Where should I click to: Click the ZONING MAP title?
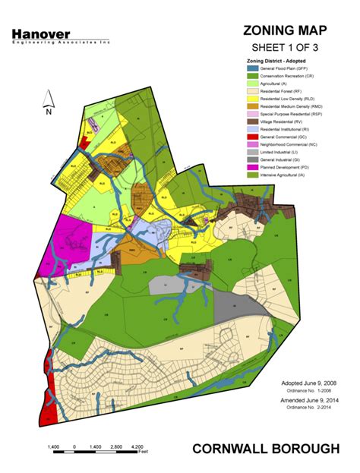pos(285,30)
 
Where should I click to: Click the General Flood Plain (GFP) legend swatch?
pos(253,68)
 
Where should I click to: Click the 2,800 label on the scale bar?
pos(116,446)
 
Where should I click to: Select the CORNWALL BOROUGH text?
pos(266,449)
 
